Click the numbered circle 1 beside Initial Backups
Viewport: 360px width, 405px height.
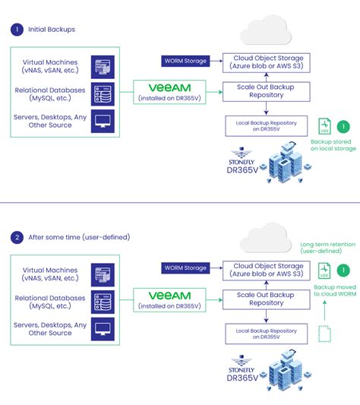[x=17, y=30]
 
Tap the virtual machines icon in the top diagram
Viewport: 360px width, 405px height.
[x=103, y=67]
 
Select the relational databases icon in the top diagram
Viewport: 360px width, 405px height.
[x=103, y=93]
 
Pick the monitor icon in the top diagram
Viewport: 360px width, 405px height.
[x=103, y=121]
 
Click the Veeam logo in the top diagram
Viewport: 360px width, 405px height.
[x=169, y=88]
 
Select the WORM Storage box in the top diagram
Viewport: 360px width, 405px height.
[x=186, y=61]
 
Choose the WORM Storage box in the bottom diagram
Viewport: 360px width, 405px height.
[x=185, y=267]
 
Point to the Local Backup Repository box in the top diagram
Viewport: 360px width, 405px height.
[x=264, y=125]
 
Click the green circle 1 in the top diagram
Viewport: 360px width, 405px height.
[x=344, y=126]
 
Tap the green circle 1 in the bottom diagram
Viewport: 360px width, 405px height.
[x=344, y=269]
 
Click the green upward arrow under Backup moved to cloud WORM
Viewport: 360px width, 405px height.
[x=324, y=310]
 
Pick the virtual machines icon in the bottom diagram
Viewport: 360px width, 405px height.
[x=103, y=274]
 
